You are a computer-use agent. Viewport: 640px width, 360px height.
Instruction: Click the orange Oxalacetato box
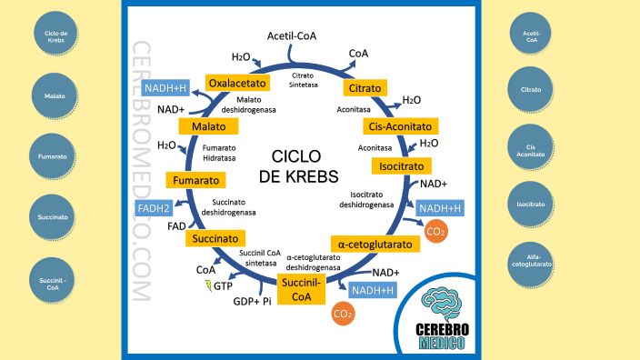coord(236,83)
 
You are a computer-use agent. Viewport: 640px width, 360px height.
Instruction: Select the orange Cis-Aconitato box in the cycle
coord(400,125)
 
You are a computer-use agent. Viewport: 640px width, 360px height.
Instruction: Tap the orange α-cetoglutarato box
coord(375,245)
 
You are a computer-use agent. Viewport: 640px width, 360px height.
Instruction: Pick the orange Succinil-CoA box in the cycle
coord(302,289)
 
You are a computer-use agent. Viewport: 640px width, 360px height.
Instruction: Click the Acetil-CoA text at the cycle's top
coord(291,36)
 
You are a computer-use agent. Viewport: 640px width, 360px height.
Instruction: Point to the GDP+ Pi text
coord(253,301)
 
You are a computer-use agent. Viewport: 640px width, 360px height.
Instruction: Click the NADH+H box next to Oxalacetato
coord(165,88)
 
